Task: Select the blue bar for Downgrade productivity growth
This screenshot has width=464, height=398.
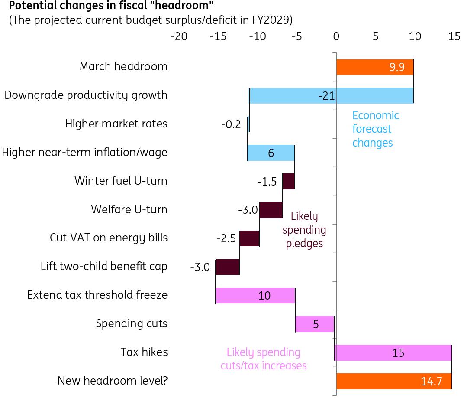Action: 294,95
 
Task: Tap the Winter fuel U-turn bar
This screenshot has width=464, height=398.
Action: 289,181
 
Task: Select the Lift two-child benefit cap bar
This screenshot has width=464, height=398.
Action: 227,267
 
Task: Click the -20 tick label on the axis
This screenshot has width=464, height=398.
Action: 179,37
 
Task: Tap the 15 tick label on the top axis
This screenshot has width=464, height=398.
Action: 454,37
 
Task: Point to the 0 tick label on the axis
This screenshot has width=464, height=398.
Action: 336,37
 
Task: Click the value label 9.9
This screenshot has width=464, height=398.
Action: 396,67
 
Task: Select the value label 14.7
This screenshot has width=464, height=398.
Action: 431,382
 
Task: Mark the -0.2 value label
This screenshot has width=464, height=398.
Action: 231,124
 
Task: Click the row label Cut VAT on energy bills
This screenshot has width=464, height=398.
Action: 109,238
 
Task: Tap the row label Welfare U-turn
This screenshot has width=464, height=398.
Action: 129,209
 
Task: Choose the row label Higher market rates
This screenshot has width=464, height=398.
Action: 116,124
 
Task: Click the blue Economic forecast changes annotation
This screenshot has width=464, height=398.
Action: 375,129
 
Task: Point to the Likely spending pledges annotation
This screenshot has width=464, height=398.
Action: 304,229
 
